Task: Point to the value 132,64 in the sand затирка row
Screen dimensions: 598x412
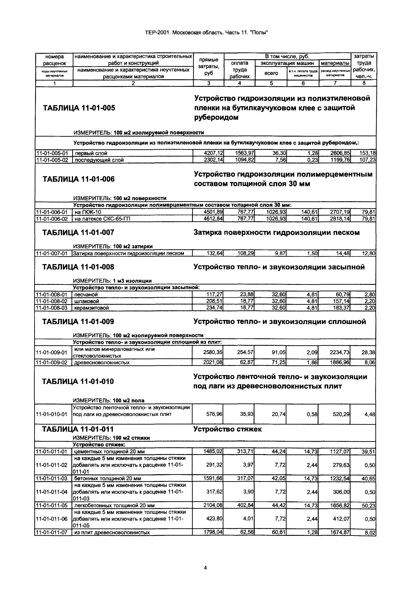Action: [215, 254]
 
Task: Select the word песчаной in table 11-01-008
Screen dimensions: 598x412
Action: [86, 295]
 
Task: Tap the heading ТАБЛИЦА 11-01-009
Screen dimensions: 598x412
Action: [78, 322]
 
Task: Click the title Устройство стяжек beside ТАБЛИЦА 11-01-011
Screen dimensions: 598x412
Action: [227, 429]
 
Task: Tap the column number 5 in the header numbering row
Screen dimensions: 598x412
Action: [271, 83]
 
